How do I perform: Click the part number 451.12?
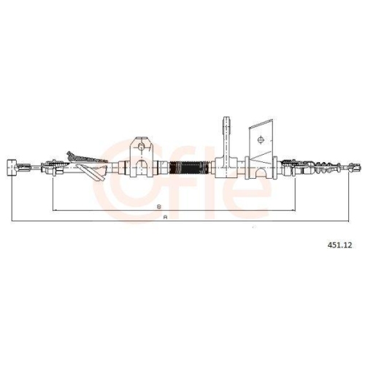pyautogui.click(x=339, y=245)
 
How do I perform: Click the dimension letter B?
pyautogui.click(x=159, y=207)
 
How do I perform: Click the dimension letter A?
pyautogui.click(x=166, y=218)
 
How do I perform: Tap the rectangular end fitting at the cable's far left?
pyautogui.click(x=12, y=167)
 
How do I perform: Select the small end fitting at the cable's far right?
pyautogui.click(x=355, y=167)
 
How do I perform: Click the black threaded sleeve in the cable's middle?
pyautogui.click(x=189, y=168)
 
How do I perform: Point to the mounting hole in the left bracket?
pyautogui.click(x=141, y=147)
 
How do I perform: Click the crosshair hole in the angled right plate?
pyautogui.click(x=261, y=139)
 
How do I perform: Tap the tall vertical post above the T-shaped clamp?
pyautogui.click(x=226, y=137)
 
